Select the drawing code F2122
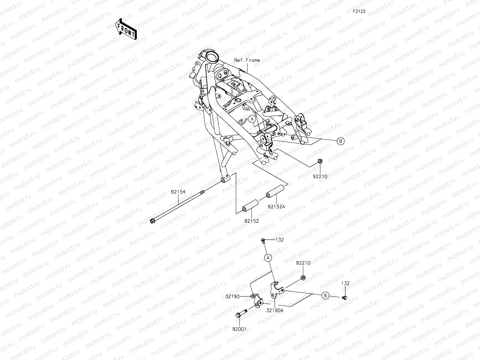[359, 11]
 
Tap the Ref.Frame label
[247, 60]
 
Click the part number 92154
[178, 191]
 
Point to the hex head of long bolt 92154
[152, 221]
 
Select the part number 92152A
[276, 206]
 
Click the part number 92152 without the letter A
[251, 221]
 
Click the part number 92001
[239, 329]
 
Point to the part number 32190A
[274, 311]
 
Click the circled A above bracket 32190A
[268, 257]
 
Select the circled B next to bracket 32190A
[325, 295]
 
